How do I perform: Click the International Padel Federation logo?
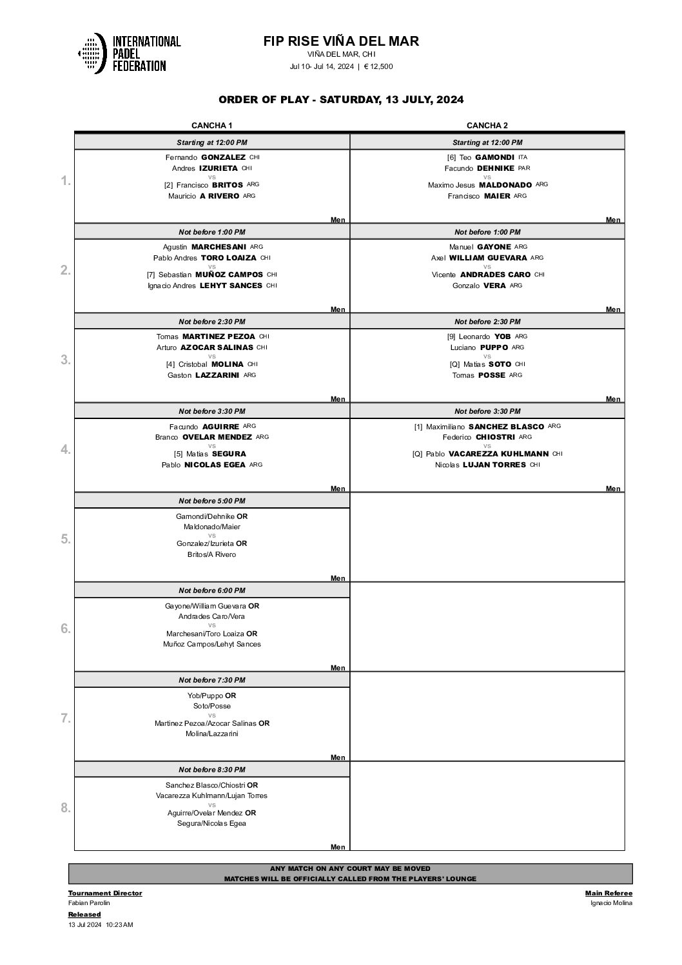click(x=129, y=53)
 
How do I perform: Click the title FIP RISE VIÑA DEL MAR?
click(x=341, y=41)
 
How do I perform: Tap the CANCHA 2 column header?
click(x=487, y=126)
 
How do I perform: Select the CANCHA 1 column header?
click(x=212, y=126)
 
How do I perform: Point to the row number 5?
click(x=66, y=539)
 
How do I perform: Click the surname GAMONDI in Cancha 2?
click(x=494, y=157)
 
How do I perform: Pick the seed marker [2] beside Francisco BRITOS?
click(x=168, y=185)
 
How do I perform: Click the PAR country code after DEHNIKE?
click(x=524, y=168)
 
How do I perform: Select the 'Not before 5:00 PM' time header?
click(x=212, y=501)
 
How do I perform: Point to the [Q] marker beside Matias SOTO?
click(x=455, y=364)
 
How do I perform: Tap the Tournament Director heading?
click(x=105, y=893)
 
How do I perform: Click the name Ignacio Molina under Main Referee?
click(x=611, y=902)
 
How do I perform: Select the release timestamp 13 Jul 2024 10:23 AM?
click(x=101, y=924)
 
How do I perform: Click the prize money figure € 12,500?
click(x=378, y=66)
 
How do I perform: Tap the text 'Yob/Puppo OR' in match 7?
click(x=212, y=696)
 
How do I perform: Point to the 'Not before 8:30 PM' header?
click(x=212, y=770)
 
